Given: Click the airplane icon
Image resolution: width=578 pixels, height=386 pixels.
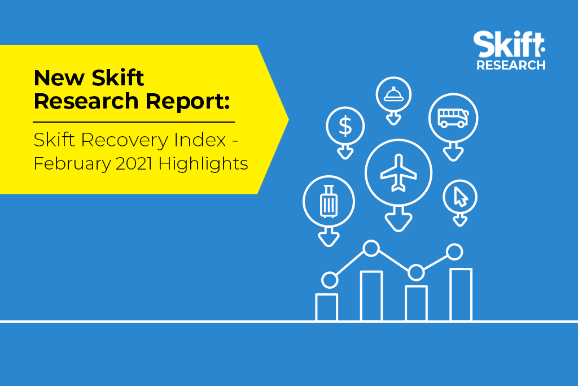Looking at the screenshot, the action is pos(399,173).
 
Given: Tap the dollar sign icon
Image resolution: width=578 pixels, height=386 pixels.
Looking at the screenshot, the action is pos(345,126).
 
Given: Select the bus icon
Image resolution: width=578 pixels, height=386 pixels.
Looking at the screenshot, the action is pos(453,118).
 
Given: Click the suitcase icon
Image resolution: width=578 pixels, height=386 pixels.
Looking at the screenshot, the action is pos(329,202).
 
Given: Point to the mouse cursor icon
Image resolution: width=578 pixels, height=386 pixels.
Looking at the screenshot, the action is pos(461,197).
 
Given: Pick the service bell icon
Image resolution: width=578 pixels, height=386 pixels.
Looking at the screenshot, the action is pos(393,94).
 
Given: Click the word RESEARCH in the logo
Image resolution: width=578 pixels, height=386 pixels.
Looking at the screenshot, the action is pos(511,65).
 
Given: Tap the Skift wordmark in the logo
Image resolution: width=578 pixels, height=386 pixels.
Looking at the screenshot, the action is pos(509,44).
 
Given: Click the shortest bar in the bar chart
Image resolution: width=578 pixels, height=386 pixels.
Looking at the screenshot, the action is pos(327,307).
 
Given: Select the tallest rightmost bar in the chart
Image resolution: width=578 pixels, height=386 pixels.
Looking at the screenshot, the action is pos(461,294).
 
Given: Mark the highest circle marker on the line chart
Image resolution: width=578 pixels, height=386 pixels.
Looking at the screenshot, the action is pos(371,248).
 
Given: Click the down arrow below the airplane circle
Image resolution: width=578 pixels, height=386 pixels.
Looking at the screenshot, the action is pos(399,219).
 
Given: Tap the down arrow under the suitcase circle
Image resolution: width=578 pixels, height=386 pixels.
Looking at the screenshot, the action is pos(329,237).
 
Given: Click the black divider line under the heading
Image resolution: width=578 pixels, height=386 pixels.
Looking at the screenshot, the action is pos(134,122).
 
